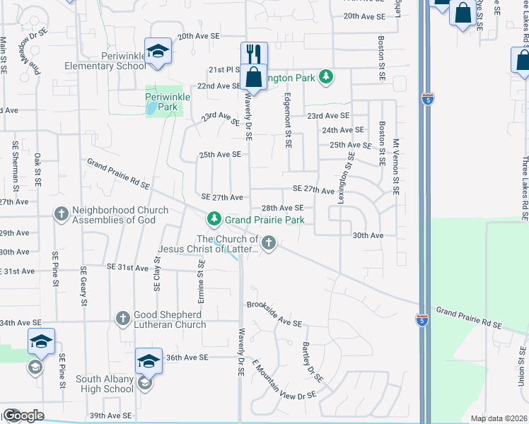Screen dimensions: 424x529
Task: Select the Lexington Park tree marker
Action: click(x=325, y=76)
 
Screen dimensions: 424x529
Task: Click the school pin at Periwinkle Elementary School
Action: click(x=158, y=51)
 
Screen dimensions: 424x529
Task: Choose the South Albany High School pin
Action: click(x=149, y=362)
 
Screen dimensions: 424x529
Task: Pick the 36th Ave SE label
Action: click(x=187, y=358)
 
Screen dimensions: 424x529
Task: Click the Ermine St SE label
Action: click(x=201, y=281)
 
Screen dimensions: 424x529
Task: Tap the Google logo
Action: click(x=23, y=416)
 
